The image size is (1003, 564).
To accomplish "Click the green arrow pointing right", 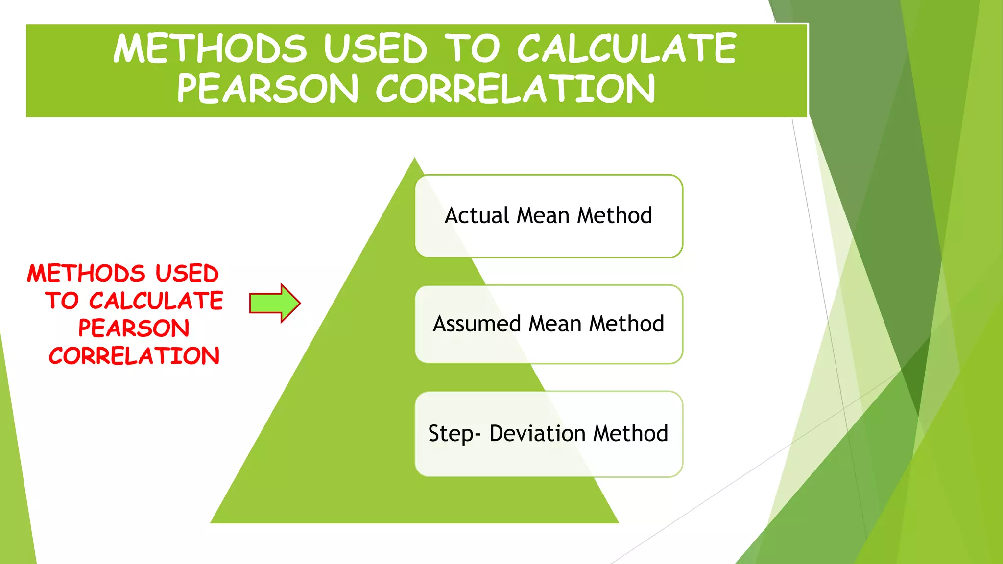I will point(274,303).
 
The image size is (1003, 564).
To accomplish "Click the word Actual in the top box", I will point(477,216).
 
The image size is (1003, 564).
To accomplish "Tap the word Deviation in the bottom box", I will point(537,434).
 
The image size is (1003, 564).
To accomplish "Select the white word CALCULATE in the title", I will point(627,48).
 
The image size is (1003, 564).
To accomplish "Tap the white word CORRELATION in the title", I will point(515,89).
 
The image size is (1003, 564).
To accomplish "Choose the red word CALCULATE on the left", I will point(156,301).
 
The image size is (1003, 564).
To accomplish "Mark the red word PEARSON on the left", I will point(134,328).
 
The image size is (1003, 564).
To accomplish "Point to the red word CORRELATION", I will point(134,356).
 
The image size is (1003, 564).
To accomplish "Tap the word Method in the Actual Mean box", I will point(615,216).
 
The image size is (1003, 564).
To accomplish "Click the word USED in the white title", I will point(376,48).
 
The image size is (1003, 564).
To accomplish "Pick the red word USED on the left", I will point(187,273).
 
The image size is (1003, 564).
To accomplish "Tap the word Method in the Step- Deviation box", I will point(631,434).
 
